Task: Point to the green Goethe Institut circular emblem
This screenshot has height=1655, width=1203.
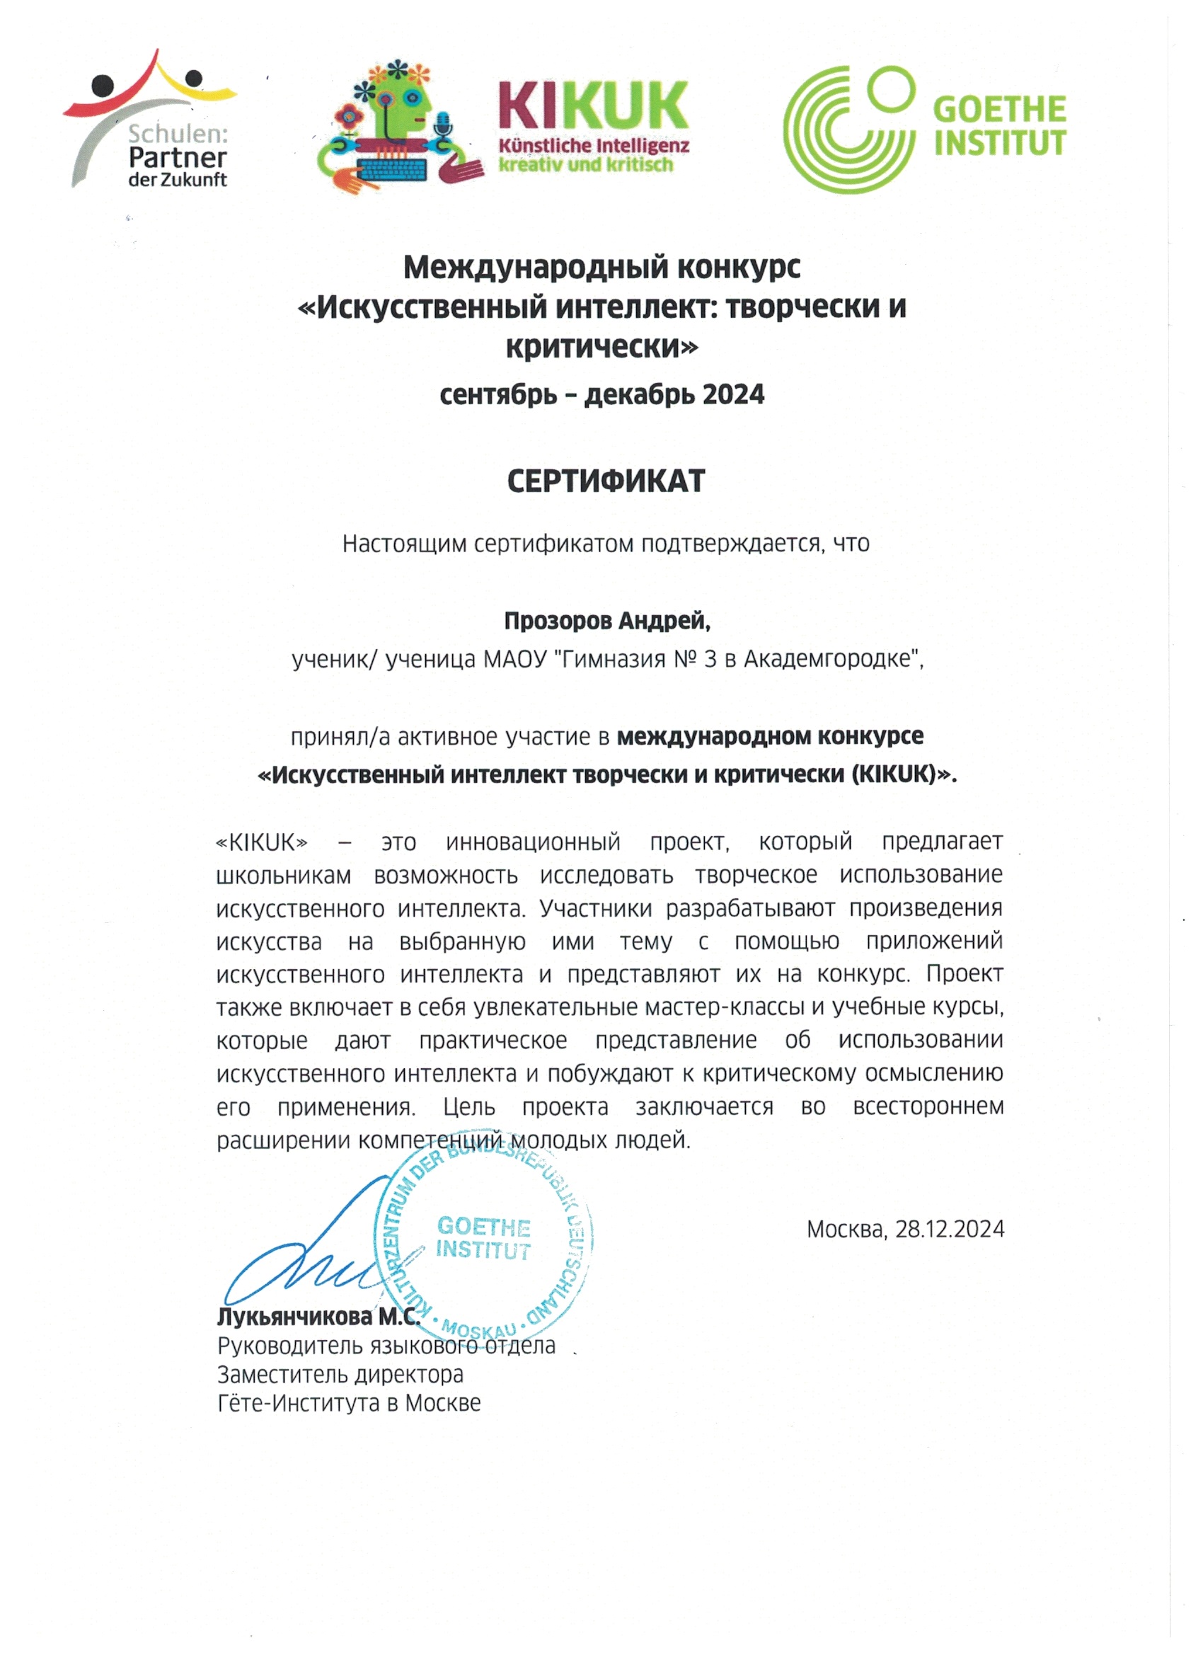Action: click(x=848, y=129)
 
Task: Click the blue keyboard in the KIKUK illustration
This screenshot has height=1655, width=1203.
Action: click(x=392, y=169)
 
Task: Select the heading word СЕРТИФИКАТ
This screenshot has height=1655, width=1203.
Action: click(x=606, y=481)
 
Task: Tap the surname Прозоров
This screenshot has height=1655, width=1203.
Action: click(x=558, y=621)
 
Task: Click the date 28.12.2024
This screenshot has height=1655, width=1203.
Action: click(x=950, y=1230)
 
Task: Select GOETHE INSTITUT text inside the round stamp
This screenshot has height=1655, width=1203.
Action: click(x=483, y=1237)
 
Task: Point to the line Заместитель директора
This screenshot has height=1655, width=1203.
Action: click(x=340, y=1375)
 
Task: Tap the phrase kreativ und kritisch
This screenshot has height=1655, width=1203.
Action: click(x=585, y=165)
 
